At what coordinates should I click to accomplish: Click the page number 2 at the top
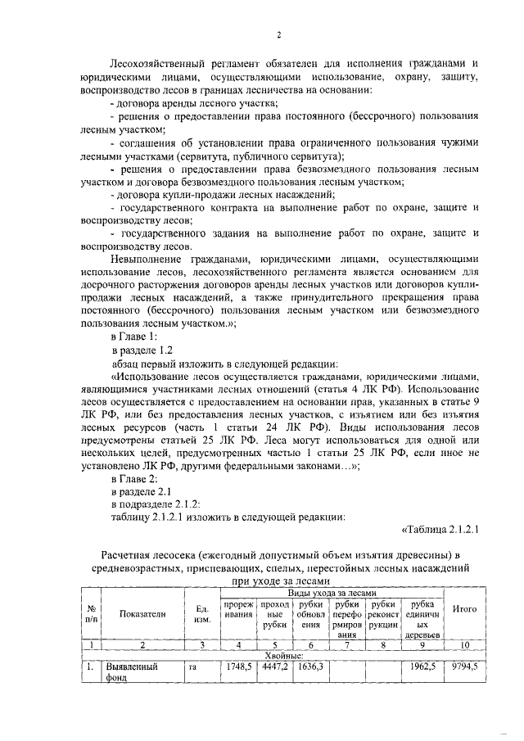278,34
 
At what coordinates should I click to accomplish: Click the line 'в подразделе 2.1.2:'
156,503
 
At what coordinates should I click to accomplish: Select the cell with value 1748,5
238,667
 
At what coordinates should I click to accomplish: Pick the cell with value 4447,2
274,667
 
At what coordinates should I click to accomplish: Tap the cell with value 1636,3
309,667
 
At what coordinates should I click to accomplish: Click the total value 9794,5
465,667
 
